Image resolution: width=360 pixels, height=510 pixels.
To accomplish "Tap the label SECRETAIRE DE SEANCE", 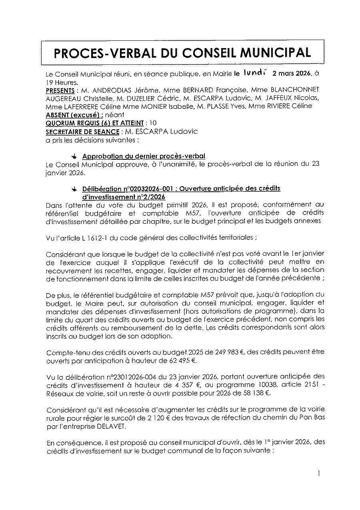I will point(82,131).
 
